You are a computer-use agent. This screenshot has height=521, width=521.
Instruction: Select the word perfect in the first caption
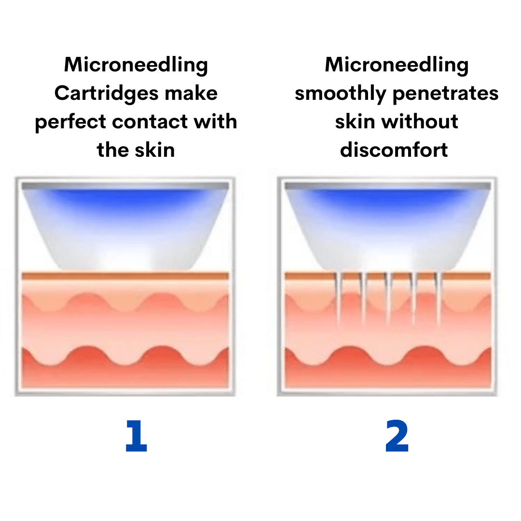(70, 122)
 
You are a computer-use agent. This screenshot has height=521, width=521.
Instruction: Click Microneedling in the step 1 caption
(136, 65)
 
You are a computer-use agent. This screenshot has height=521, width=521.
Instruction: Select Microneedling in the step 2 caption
(397, 65)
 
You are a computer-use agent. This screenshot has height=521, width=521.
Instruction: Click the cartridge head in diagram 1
(125, 227)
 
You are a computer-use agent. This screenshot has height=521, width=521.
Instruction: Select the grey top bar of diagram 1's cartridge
(125, 186)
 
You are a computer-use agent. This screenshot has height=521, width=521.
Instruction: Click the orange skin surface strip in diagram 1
(125, 276)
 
